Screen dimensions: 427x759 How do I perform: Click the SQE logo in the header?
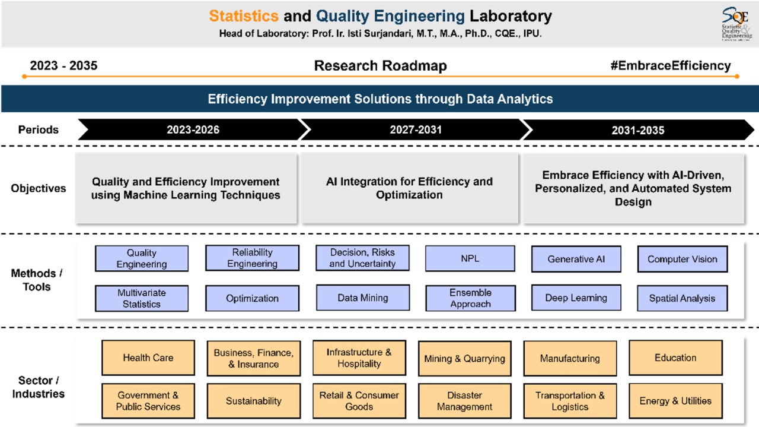[736, 24]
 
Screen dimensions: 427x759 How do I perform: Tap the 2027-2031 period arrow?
[415, 129]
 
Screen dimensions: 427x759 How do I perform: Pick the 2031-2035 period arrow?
[637, 130]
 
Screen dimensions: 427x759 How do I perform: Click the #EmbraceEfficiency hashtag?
[670, 66]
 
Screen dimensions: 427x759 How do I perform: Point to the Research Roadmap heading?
[380, 66]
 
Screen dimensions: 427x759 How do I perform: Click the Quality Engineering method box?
[142, 259]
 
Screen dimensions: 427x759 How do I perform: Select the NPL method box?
[470, 259]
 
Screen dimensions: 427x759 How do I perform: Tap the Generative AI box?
[576, 259]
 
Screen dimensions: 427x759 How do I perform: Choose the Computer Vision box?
[682, 259]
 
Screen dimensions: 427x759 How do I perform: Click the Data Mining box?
[362, 298]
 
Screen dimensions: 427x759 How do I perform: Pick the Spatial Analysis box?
[682, 298]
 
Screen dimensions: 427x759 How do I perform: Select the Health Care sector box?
[148, 358]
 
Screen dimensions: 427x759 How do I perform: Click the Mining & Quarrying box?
[464, 358]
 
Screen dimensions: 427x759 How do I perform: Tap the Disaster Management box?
[464, 401]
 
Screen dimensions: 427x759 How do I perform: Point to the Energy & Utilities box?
[675, 401]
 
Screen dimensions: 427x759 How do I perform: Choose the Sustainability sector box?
[253, 401]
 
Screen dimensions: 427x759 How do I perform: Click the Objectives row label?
[38, 188]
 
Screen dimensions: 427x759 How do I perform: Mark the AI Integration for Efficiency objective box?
[409, 188]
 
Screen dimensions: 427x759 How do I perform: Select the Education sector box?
[675, 358]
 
